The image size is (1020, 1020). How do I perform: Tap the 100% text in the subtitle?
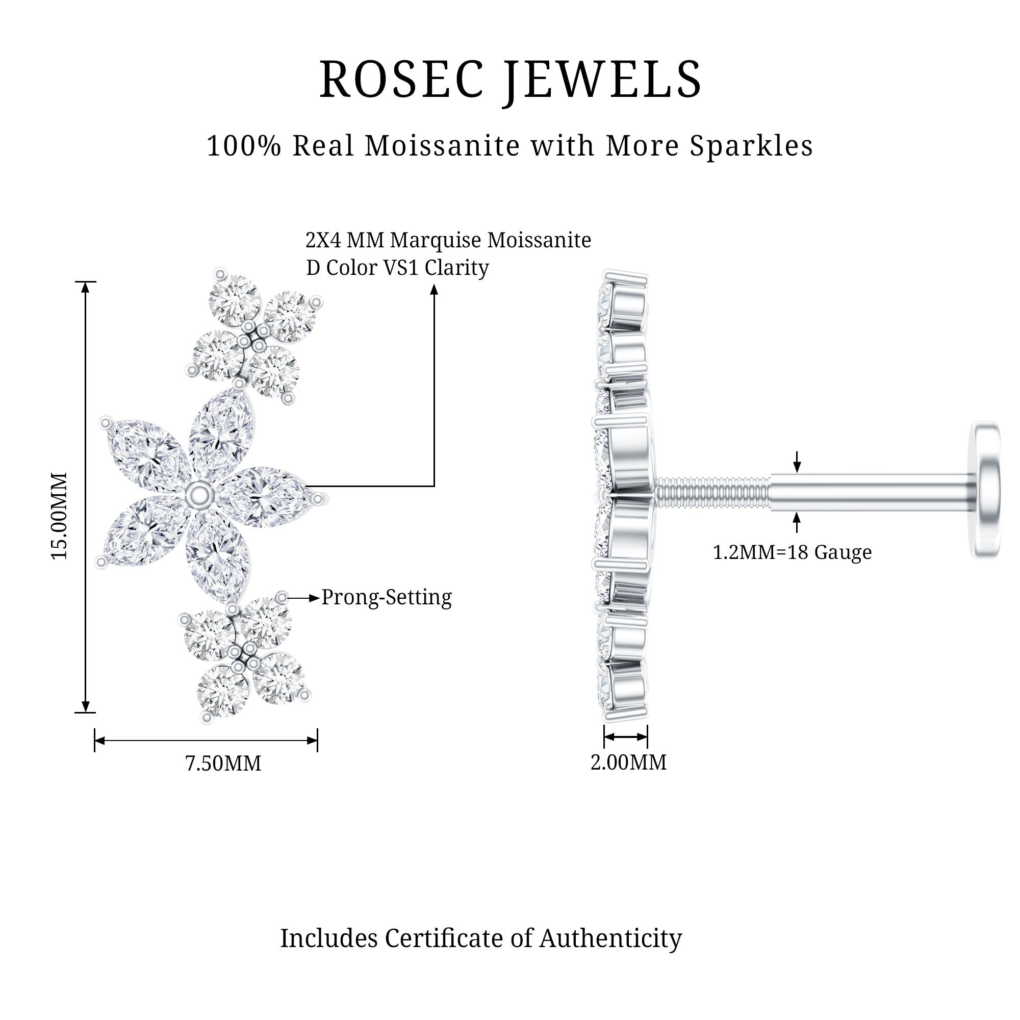tap(243, 146)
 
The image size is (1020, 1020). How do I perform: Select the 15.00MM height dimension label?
tap(59, 516)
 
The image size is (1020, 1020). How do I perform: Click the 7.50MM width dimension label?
tap(223, 764)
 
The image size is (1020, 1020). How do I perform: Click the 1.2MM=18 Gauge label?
tap(792, 552)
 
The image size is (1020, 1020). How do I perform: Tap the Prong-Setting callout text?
tap(387, 598)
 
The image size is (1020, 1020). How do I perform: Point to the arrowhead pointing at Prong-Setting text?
tap(315, 598)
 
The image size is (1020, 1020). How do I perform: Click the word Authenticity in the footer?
tap(610, 938)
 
